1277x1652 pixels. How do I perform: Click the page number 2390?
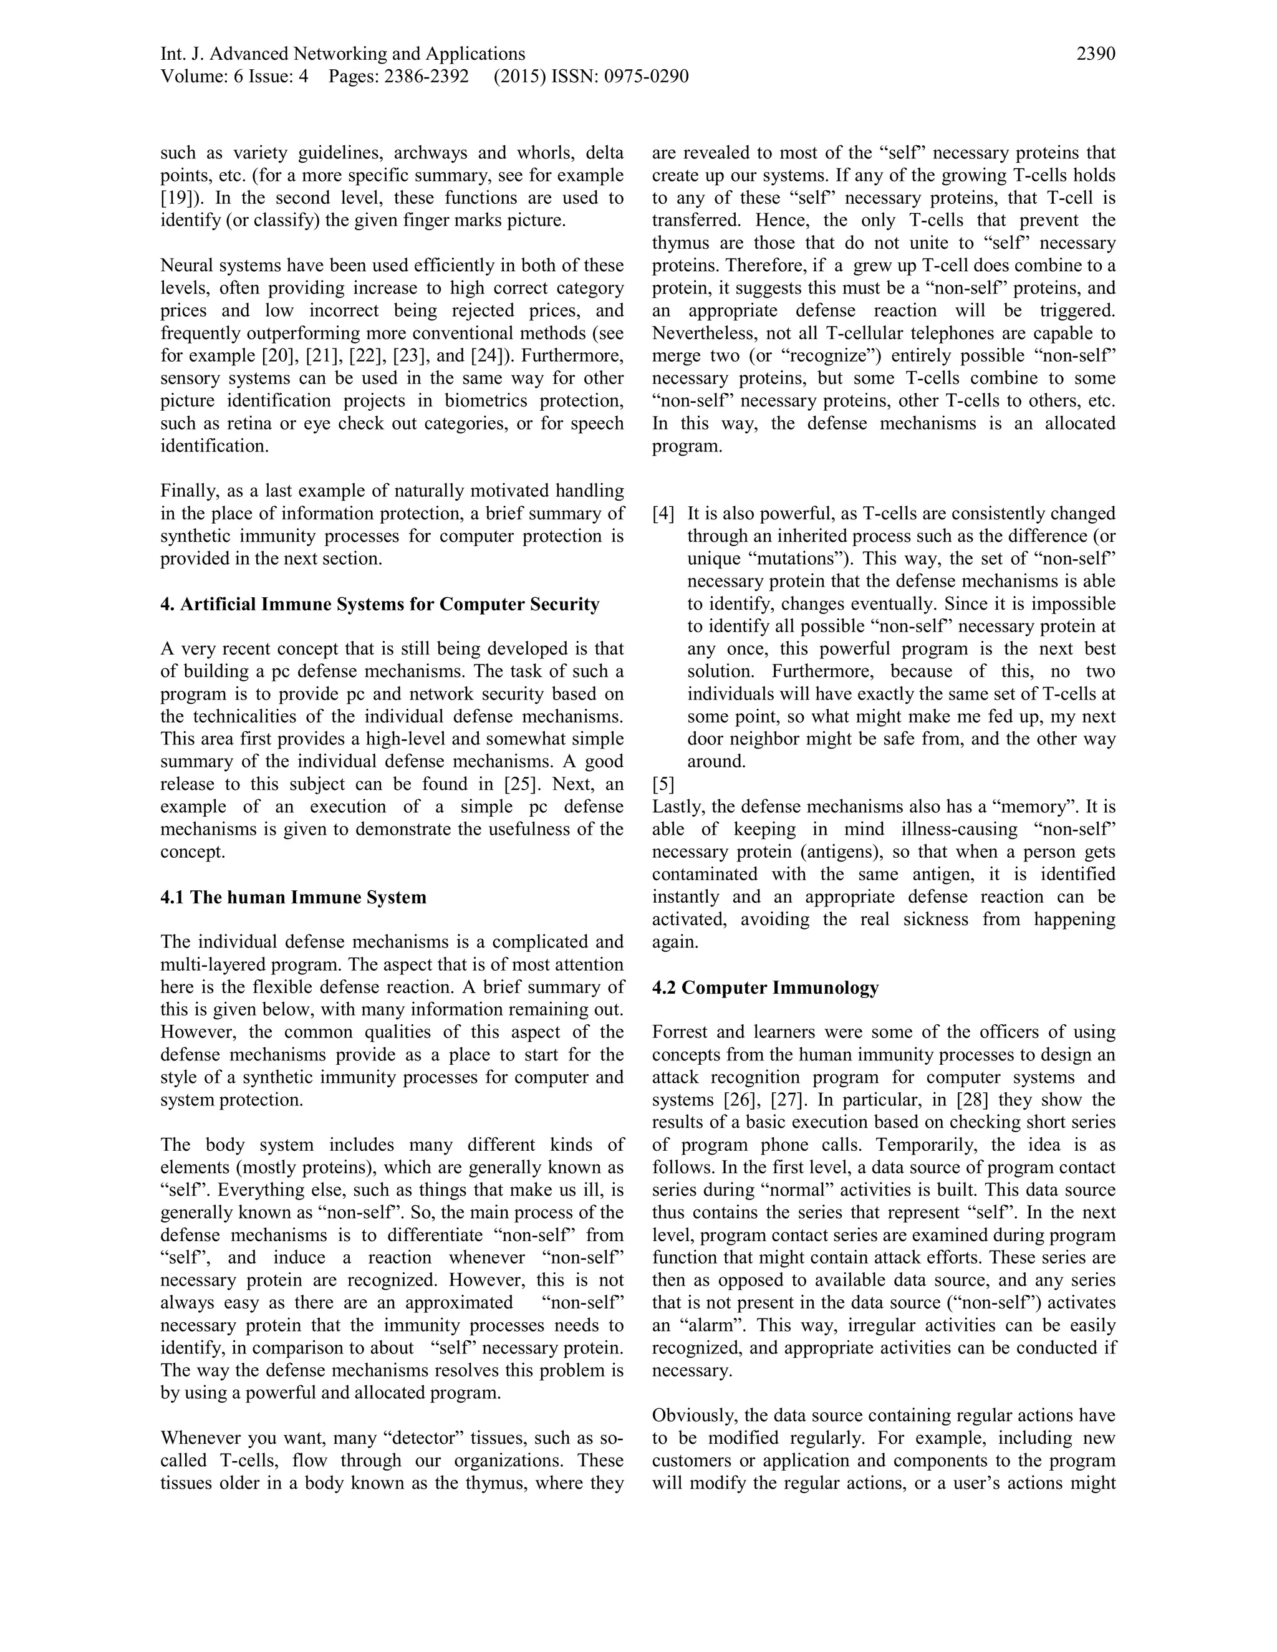(x=1096, y=54)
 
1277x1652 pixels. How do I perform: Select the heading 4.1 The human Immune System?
(x=294, y=897)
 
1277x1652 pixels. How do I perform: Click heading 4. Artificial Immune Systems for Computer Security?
(x=380, y=604)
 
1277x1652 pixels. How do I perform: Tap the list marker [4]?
(x=663, y=514)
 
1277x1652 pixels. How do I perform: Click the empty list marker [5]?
(x=663, y=784)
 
